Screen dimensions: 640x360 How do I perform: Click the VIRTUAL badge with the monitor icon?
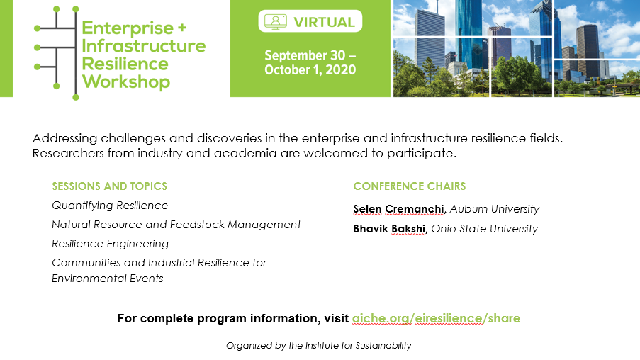tap(310, 21)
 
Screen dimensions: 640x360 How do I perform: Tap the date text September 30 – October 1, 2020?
tap(310, 62)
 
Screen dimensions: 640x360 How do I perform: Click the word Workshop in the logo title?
tap(126, 81)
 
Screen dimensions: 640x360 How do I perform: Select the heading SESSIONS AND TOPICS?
tap(109, 186)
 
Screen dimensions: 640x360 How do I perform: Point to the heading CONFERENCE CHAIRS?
tap(410, 186)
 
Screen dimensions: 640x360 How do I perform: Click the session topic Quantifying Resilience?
tap(110, 206)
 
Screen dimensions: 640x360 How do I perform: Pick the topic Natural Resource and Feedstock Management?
tap(176, 225)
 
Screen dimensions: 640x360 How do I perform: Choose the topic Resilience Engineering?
tap(110, 244)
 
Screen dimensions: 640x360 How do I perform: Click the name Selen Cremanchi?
tap(398, 209)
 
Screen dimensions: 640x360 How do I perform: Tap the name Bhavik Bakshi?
tap(389, 229)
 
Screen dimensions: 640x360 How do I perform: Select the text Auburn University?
tap(495, 209)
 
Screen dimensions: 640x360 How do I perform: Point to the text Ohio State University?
tap(485, 229)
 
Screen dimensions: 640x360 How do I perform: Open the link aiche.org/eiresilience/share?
tap(436, 318)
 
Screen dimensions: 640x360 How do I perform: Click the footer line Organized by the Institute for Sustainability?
tap(319, 346)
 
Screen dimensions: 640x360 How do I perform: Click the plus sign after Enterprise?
tap(182, 28)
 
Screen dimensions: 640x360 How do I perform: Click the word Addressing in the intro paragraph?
tap(65, 138)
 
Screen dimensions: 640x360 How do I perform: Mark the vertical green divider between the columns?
tap(327, 231)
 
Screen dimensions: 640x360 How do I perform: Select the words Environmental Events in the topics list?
tap(107, 279)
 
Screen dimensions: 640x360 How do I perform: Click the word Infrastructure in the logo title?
tap(144, 46)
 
